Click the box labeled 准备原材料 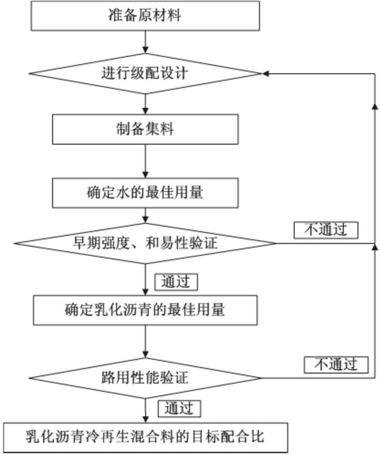(145, 16)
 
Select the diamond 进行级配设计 (145, 73)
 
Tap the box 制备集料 (145, 129)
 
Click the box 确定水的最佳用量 (145, 193)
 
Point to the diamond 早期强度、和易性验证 (145, 243)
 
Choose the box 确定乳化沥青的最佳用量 (145, 310)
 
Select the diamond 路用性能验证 (145, 378)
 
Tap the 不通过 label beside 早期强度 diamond (326, 230)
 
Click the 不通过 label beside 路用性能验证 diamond (336, 365)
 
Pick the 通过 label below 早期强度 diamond (176, 282)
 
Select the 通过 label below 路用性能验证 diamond (179, 408)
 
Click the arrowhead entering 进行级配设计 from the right (265, 73)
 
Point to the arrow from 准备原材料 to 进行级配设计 (145, 42)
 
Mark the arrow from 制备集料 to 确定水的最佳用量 (145, 161)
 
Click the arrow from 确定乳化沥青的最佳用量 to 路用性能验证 (145, 341)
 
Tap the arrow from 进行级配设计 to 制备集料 (145, 104)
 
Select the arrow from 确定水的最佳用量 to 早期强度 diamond (145, 216)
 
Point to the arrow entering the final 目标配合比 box (145, 411)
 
